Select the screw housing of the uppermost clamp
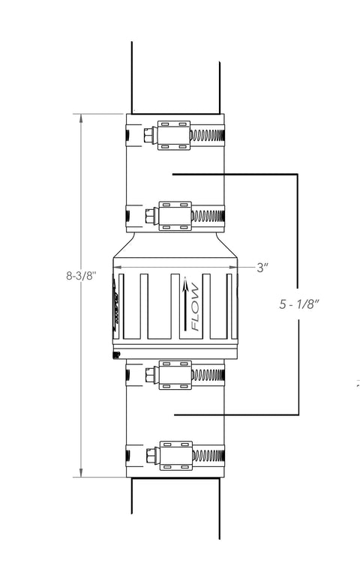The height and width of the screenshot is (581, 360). [173, 135]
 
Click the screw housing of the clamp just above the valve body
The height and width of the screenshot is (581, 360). [173, 215]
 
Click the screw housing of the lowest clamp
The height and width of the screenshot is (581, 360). [173, 456]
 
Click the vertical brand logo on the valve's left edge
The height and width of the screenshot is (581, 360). [116, 304]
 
